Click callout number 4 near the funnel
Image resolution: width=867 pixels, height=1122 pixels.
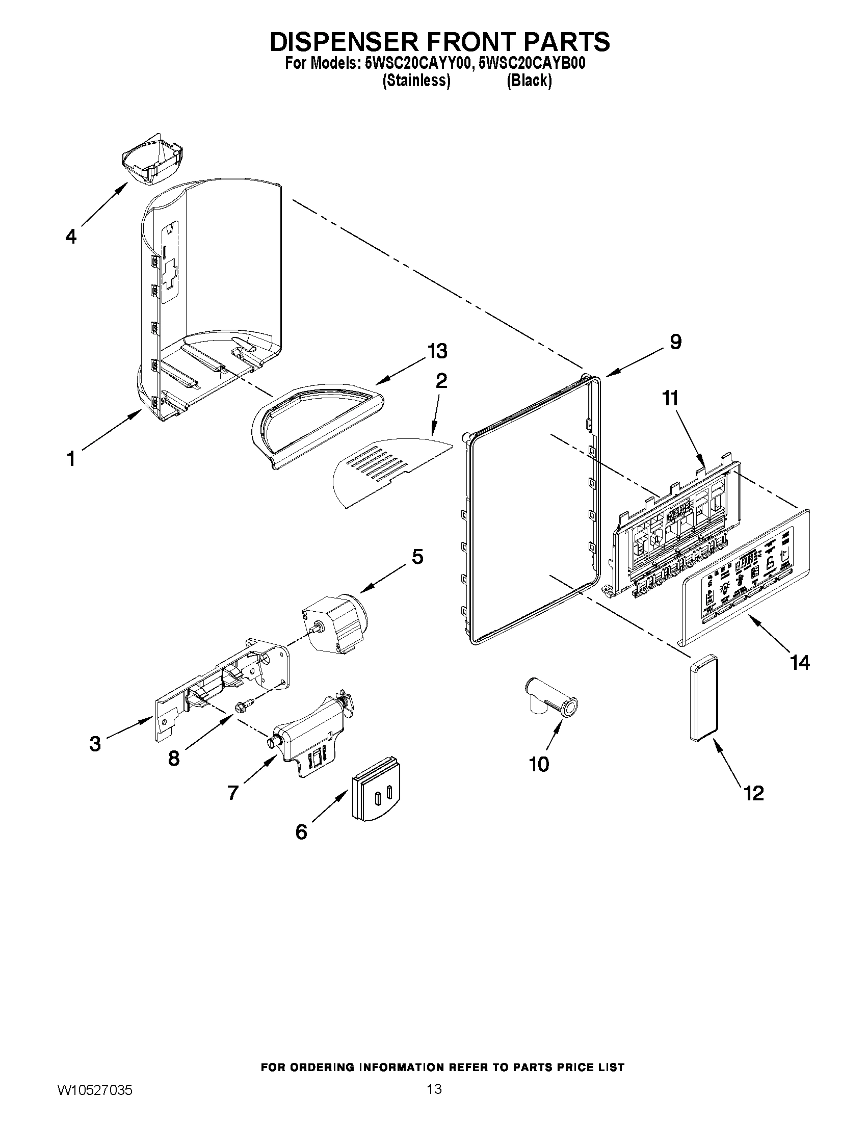tap(71, 237)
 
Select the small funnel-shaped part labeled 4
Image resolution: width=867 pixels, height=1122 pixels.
tap(152, 163)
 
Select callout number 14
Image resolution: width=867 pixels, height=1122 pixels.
tap(800, 662)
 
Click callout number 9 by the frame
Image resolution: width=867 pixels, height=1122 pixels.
tap(676, 342)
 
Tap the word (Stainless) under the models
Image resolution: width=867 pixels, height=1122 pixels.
tap(416, 81)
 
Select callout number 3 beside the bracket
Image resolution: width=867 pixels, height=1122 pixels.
tap(95, 743)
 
